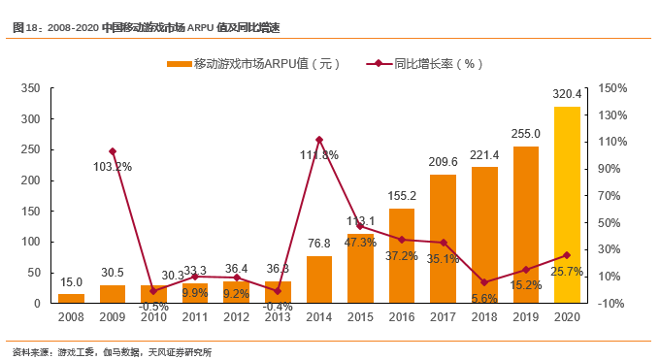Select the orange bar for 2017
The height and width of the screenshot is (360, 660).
443,239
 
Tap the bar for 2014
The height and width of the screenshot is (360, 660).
319,279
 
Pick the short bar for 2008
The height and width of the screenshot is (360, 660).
71,298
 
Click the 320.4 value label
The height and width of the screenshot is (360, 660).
567,94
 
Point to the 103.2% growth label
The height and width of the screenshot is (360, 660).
112,166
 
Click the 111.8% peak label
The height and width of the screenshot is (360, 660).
319,154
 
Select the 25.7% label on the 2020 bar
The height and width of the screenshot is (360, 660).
567,272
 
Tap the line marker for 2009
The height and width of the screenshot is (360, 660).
113,151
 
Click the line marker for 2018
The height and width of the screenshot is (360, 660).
484,282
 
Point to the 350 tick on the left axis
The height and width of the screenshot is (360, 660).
29,88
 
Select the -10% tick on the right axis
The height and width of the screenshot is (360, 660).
612,304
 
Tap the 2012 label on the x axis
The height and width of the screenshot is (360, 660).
236,317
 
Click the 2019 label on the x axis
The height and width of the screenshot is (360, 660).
525,317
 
